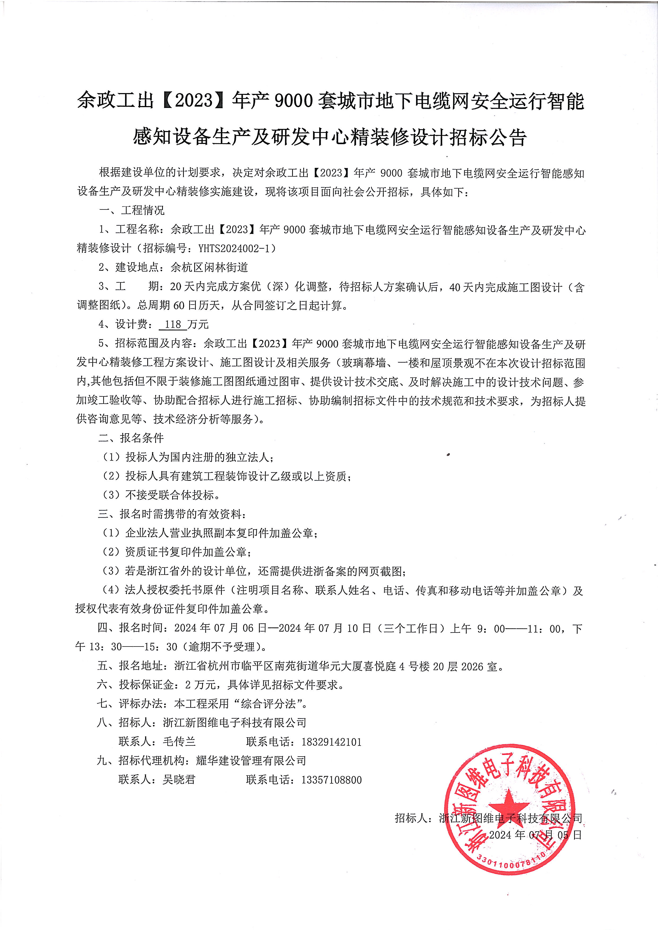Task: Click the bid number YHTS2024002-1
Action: click(237, 248)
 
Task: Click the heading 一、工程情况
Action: click(132, 210)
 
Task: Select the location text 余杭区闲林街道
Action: click(209, 267)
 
